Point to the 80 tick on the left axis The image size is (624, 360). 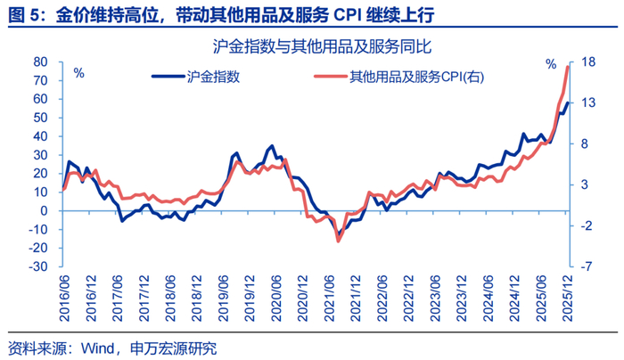pos(39,62)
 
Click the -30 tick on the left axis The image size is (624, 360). pos(37,266)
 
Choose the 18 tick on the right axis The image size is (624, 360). pos(589,62)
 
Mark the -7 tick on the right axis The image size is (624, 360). pos(587,266)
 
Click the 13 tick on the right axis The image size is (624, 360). pos(589,103)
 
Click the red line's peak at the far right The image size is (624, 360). pos(568,67)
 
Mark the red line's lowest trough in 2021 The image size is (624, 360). pos(338,241)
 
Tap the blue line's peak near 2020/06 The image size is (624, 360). pos(272,145)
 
